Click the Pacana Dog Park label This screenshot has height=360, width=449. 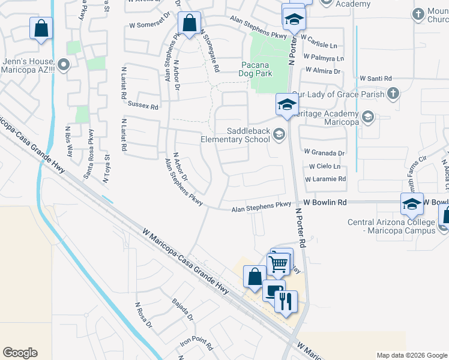point(257,69)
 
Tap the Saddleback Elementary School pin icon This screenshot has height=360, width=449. point(278,134)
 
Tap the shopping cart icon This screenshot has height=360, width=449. point(278,263)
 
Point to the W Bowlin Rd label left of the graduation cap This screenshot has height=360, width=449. point(325,203)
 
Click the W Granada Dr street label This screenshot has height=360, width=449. point(325,153)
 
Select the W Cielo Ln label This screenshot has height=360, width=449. point(325,166)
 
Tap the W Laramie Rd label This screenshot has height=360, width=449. point(325,179)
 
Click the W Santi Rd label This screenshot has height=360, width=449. point(375,79)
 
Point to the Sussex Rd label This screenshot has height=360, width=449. point(142,107)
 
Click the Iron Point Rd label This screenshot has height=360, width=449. point(196,344)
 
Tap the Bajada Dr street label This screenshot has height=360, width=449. point(182,310)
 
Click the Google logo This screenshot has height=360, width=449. point(20,353)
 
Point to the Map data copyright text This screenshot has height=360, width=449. point(412,355)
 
